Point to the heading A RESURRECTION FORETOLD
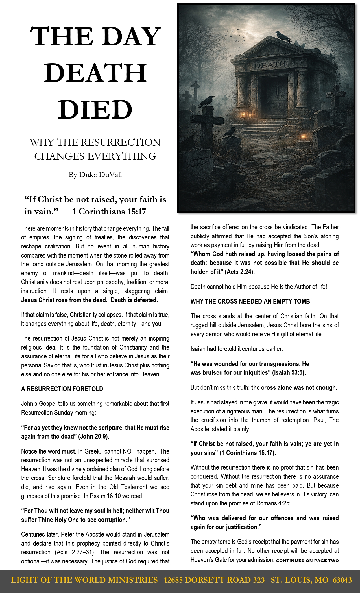tap(62, 389)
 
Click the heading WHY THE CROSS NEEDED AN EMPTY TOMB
tap(250, 301)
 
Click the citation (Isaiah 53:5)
tap(289, 372)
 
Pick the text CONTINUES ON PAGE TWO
tap(307, 561)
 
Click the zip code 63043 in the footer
tap(342, 580)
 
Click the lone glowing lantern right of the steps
tap(304, 137)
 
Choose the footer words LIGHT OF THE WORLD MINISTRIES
tap(84, 580)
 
